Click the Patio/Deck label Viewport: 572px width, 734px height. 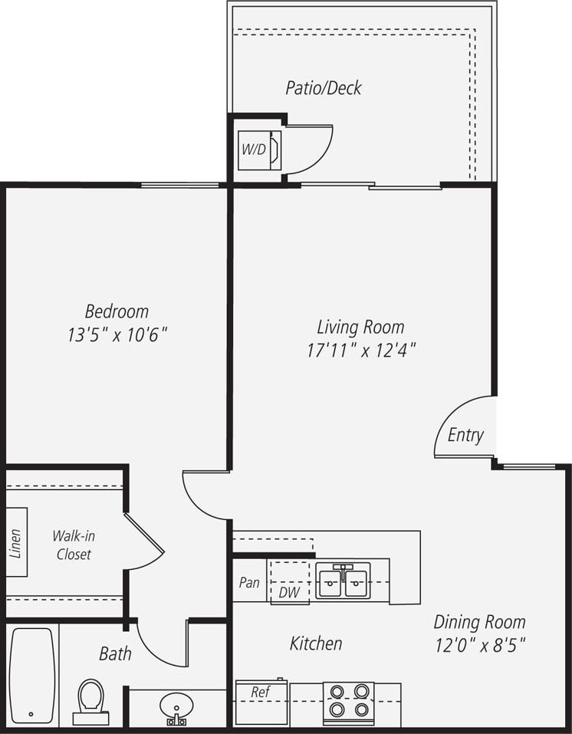pos(323,87)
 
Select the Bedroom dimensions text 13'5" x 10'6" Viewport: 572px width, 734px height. pos(117,335)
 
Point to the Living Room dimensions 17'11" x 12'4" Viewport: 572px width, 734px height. pos(360,351)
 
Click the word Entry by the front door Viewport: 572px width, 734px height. pos(465,436)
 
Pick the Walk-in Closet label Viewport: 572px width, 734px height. pos(73,545)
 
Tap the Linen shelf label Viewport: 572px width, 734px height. pos(17,541)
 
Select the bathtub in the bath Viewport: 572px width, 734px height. pos(31,673)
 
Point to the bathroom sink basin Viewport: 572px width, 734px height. pos(176,704)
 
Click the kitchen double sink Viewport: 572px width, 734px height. pos(343,581)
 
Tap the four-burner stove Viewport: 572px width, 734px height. pos(348,701)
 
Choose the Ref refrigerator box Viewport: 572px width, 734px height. pos(261,702)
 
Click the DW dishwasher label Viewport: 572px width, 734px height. pos(289,592)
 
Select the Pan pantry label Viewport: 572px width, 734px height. pos(249,582)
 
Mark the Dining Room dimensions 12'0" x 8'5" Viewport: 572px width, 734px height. pos(480,644)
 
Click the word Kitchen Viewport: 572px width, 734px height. pos(316,643)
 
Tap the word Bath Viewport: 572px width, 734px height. pos(115,653)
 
